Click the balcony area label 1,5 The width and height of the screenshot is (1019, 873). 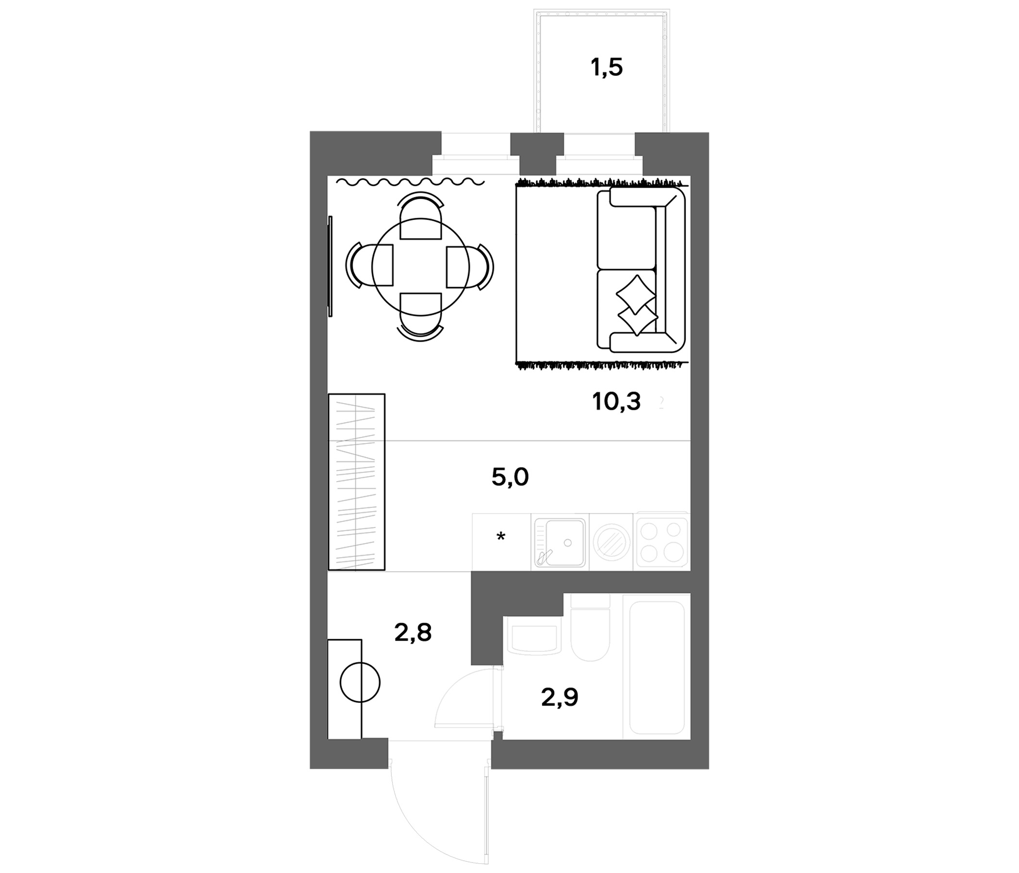point(607,68)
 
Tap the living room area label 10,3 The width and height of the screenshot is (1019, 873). point(617,402)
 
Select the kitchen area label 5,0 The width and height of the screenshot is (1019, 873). point(510,477)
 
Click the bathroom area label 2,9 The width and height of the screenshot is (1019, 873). point(559,697)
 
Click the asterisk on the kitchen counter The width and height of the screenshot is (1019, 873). point(501,537)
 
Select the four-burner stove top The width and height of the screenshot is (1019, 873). point(661,542)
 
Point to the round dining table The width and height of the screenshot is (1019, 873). point(421,267)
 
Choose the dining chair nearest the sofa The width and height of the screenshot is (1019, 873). point(470,267)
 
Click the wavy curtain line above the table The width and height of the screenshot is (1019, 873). point(411,182)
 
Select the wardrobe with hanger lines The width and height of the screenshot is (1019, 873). point(357,482)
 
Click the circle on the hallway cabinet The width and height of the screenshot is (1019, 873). point(360,682)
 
